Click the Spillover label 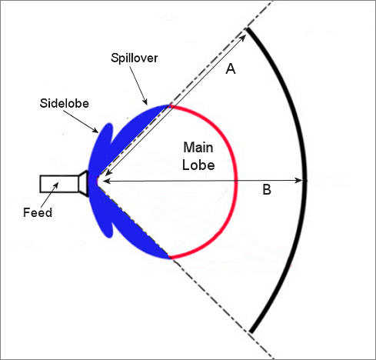click(134, 58)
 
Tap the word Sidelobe click(65, 103)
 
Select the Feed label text click(38, 212)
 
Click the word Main click(198, 148)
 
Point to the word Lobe click(198, 165)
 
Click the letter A click(231, 69)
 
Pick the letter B click(267, 190)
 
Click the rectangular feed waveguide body click(59, 184)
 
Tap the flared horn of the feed click(84, 184)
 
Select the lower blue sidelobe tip click(110, 235)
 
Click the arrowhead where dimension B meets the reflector click(299, 181)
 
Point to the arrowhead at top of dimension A click(243, 36)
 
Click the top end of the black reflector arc click(248, 29)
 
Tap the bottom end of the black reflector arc click(251, 332)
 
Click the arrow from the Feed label click(49, 195)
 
